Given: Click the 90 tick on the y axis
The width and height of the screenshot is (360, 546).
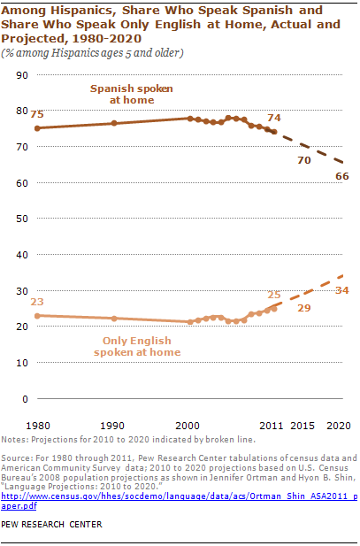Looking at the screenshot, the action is [x=22, y=75].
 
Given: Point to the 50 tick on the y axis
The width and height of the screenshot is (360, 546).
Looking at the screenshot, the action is [x=22, y=219].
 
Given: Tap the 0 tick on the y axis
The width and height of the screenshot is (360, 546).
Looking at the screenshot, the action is [x=25, y=399].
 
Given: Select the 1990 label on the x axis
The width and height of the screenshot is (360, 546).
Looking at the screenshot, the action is [x=112, y=426].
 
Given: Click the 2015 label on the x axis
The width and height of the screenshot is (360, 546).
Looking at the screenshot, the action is [x=303, y=426].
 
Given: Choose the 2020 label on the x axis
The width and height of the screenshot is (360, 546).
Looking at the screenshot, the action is [x=339, y=426].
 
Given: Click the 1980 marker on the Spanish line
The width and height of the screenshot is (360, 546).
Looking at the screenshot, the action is [x=37, y=128].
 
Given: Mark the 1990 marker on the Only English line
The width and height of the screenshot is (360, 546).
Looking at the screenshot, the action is [x=114, y=319].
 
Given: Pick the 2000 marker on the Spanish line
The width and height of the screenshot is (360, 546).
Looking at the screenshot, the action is [x=190, y=119].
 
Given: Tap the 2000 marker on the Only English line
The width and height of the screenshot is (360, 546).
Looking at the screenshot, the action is [x=190, y=322].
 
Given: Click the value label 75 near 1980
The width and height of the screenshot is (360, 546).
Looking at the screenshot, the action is [x=37, y=114].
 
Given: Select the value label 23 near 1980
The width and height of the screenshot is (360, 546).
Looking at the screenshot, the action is [x=37, y=302].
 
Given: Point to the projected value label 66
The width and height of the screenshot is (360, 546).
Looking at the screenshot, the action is [x=342, y=176].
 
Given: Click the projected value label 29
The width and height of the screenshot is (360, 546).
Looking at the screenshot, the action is [x=304, y=308].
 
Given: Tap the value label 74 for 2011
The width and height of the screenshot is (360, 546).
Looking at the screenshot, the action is [x=274, y=118].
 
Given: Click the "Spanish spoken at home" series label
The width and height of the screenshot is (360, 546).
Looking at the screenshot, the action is [x=132, y=95].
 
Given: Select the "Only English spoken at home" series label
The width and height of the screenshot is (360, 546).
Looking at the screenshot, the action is [x=137, y=347].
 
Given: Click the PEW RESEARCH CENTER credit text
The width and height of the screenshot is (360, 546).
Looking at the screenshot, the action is [x=51, y=525].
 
